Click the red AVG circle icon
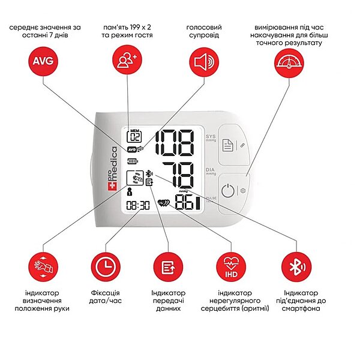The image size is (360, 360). click(x=43, y=61)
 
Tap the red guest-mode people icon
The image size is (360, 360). click(x=127, y=59)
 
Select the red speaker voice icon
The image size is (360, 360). click(x=204, y=61)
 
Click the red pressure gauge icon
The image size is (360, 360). click(x=289, y=62)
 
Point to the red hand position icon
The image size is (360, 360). click(x=43, y=267)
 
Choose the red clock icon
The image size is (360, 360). click(x=106, y=267)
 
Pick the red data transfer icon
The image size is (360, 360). click(x=168, y=267)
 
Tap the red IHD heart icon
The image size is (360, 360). click(x=231, y=267)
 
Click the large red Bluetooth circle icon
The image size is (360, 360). click(x=296, y=267)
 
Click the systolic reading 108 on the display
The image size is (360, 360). click(x=175, y=143)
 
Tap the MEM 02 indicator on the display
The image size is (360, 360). click(x=134, y=136)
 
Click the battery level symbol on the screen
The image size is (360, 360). click(x=133, y=161)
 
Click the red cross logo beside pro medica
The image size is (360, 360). click(x=113, y=186)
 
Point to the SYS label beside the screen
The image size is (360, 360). click(x=211, y=136)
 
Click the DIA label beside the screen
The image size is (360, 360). click(x=210, y=170)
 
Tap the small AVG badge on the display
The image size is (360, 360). click(x=132, y=149)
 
